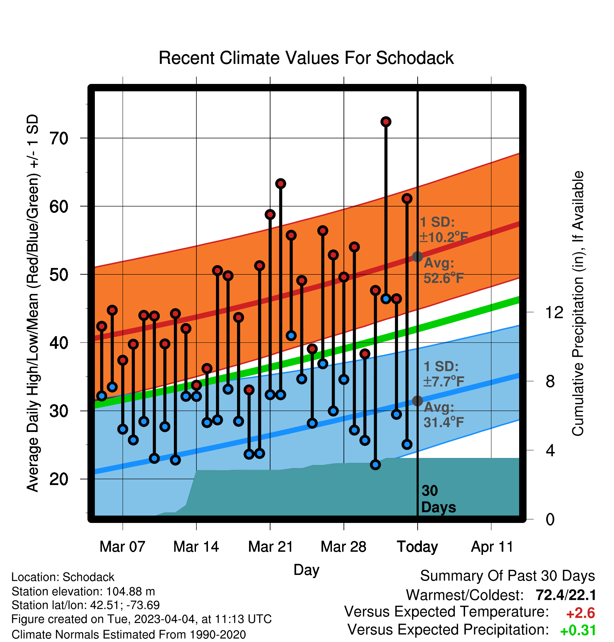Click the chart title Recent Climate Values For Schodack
tap(306, 58)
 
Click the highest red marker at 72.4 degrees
tap(386, 122)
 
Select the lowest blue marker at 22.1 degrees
tap(375, 465)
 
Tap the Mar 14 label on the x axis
tap(196, 546)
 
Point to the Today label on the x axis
tap(417, 547)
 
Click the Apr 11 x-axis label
tap(492, 547)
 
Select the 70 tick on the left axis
tap(59, 138)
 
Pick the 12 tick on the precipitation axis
tap(554, 312)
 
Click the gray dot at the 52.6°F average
tap(417, 257)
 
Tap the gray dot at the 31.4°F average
tap(417, 401)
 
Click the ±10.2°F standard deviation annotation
tap(444, 237)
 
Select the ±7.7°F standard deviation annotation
tap(444, 381)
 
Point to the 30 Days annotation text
tap(438, 499)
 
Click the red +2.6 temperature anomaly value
tap(581, 613)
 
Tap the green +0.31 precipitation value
tap(578, 630)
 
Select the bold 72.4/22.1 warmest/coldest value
tap(566, 595)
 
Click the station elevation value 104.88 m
tap(131, 591)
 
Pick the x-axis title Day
tap(306, 570)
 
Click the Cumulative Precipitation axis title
tap(578, 303)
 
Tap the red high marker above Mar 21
tap(270, 215)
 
